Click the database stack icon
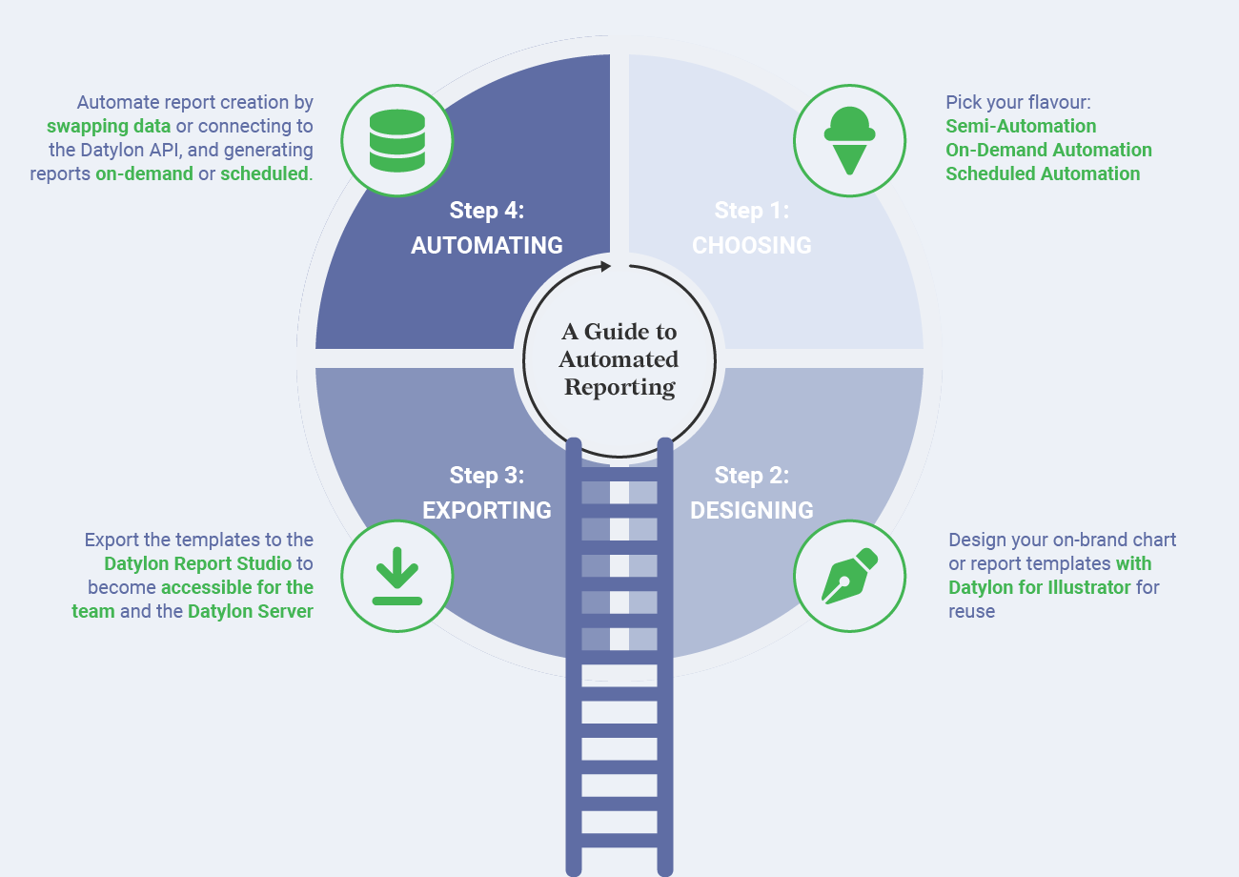coord(396,141)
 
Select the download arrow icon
coord(396,577)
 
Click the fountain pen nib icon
coord(849,576)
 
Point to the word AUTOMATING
coord(487,245)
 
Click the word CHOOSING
coord(752,245)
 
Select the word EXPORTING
coord(487,510)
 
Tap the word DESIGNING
coord(752,510)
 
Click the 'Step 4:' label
coord(487,210)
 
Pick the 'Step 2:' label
coord(752,475)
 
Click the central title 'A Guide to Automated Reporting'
coord(619,359)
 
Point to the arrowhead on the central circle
coord(603,267)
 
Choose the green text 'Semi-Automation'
coord(1021,126)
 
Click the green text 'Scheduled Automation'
coord(1043,173)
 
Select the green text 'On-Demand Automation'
coord(1048,150)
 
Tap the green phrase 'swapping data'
coord(109,126)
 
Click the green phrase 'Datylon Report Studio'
coord(198,563)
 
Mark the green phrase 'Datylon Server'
coord(250,611)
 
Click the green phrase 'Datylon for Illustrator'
coord(1040,587)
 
